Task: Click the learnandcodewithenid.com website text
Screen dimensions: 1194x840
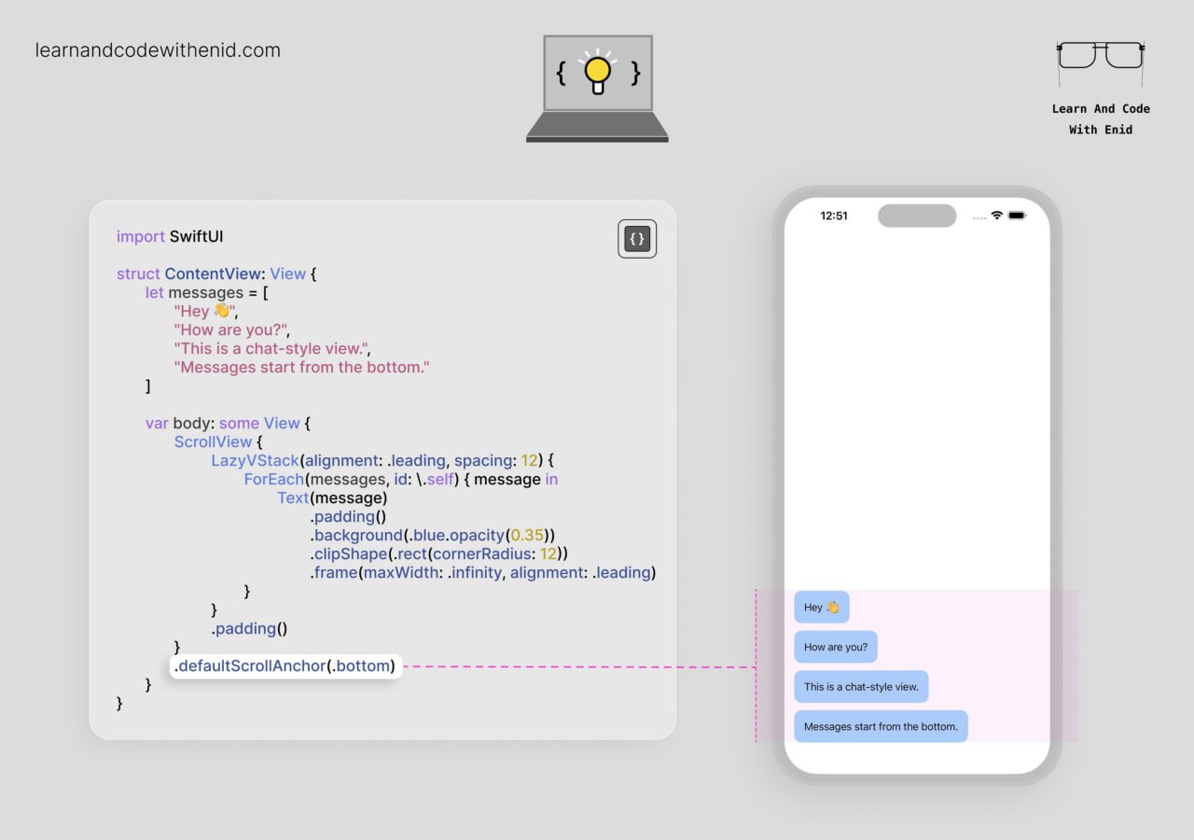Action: click(158, 50)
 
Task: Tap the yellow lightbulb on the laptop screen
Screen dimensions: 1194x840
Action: click(598, 74)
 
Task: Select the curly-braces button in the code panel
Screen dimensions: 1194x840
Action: click(637, 238)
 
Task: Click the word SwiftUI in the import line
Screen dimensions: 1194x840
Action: click(196, 236)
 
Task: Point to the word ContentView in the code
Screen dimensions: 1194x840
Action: click(213, 273)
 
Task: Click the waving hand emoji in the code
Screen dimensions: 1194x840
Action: click(221, 310)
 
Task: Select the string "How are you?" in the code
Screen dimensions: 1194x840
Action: click(230, 329)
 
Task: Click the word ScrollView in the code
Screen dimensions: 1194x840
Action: click(213, 441)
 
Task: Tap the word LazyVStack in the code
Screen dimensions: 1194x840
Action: click(255, 460)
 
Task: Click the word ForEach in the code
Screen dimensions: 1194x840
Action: click(274, 479)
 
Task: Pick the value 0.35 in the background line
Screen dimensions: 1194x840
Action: click(527, 535)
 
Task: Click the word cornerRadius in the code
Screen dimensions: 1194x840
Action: click(482, 553)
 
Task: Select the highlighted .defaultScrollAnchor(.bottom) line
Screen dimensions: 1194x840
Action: click(285, 666)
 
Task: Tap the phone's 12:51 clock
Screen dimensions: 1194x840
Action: click(834, 216)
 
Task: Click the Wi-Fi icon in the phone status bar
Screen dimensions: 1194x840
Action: click(997, 215)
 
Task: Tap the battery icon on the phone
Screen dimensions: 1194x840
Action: click(1017, 216)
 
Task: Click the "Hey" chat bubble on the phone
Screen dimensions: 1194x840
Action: click(822, 607)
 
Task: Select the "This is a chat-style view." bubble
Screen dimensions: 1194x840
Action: click(861, 686)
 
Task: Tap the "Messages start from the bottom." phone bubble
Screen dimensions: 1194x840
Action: click(881, 726)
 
